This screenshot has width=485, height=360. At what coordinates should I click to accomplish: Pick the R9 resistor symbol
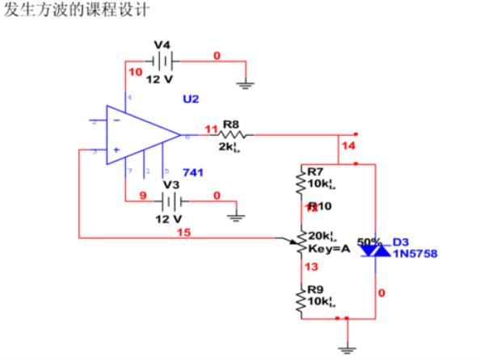302,299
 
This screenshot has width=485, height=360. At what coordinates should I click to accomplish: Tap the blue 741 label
193,172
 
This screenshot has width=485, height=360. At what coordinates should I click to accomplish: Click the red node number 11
211,129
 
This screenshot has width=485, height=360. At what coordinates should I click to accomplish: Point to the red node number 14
348,146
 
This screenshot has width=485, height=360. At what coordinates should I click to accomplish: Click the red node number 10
135,73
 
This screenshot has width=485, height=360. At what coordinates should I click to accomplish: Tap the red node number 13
310,266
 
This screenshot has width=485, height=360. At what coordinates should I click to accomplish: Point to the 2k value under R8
230,148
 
